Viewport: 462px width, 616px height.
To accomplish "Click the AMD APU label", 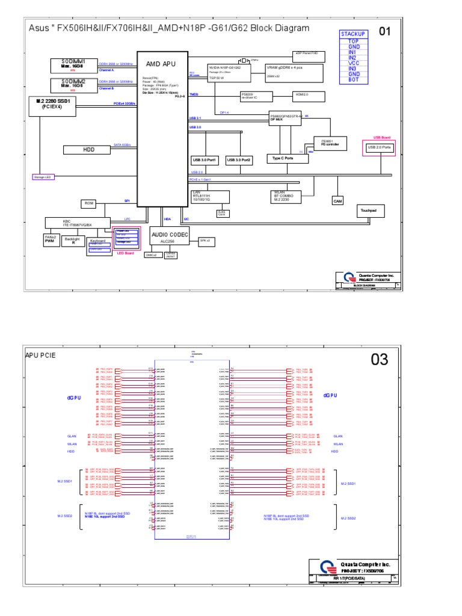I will [161, 64].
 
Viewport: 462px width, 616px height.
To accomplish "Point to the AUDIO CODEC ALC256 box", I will [169, 236].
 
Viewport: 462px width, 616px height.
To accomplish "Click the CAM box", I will [337, 202].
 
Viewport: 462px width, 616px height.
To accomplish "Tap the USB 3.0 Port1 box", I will [204, 160].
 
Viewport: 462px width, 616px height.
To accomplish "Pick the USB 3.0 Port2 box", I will [238, 160].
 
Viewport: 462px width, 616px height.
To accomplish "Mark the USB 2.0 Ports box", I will [379, 147].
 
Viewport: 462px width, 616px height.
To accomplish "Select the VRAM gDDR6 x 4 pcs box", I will [294, 72].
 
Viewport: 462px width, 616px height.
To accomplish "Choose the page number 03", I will [380, 360].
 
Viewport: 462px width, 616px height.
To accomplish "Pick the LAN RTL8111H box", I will [202, 196].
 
